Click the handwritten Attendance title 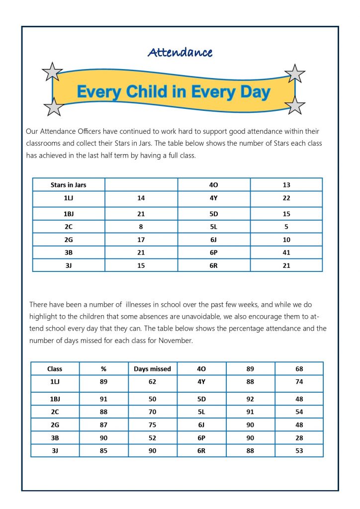tap(180, 53)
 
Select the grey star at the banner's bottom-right tap(295, 105)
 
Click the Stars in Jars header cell tap(69, 185)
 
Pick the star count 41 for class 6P tap(286, 253)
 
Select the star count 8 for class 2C tap(141, 227)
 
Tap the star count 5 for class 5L tap(286, 227)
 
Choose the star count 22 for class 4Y tap(286, 198)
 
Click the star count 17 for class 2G tap(141, 240)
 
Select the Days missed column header tap(152, 369)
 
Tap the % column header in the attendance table tap(103, 369)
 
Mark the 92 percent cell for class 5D tap(250, 399)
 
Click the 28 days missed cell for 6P tap(299, 437)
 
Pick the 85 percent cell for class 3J tap(103, 451)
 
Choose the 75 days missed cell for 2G tap(152, 424)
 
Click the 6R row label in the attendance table tap(201, 451)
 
